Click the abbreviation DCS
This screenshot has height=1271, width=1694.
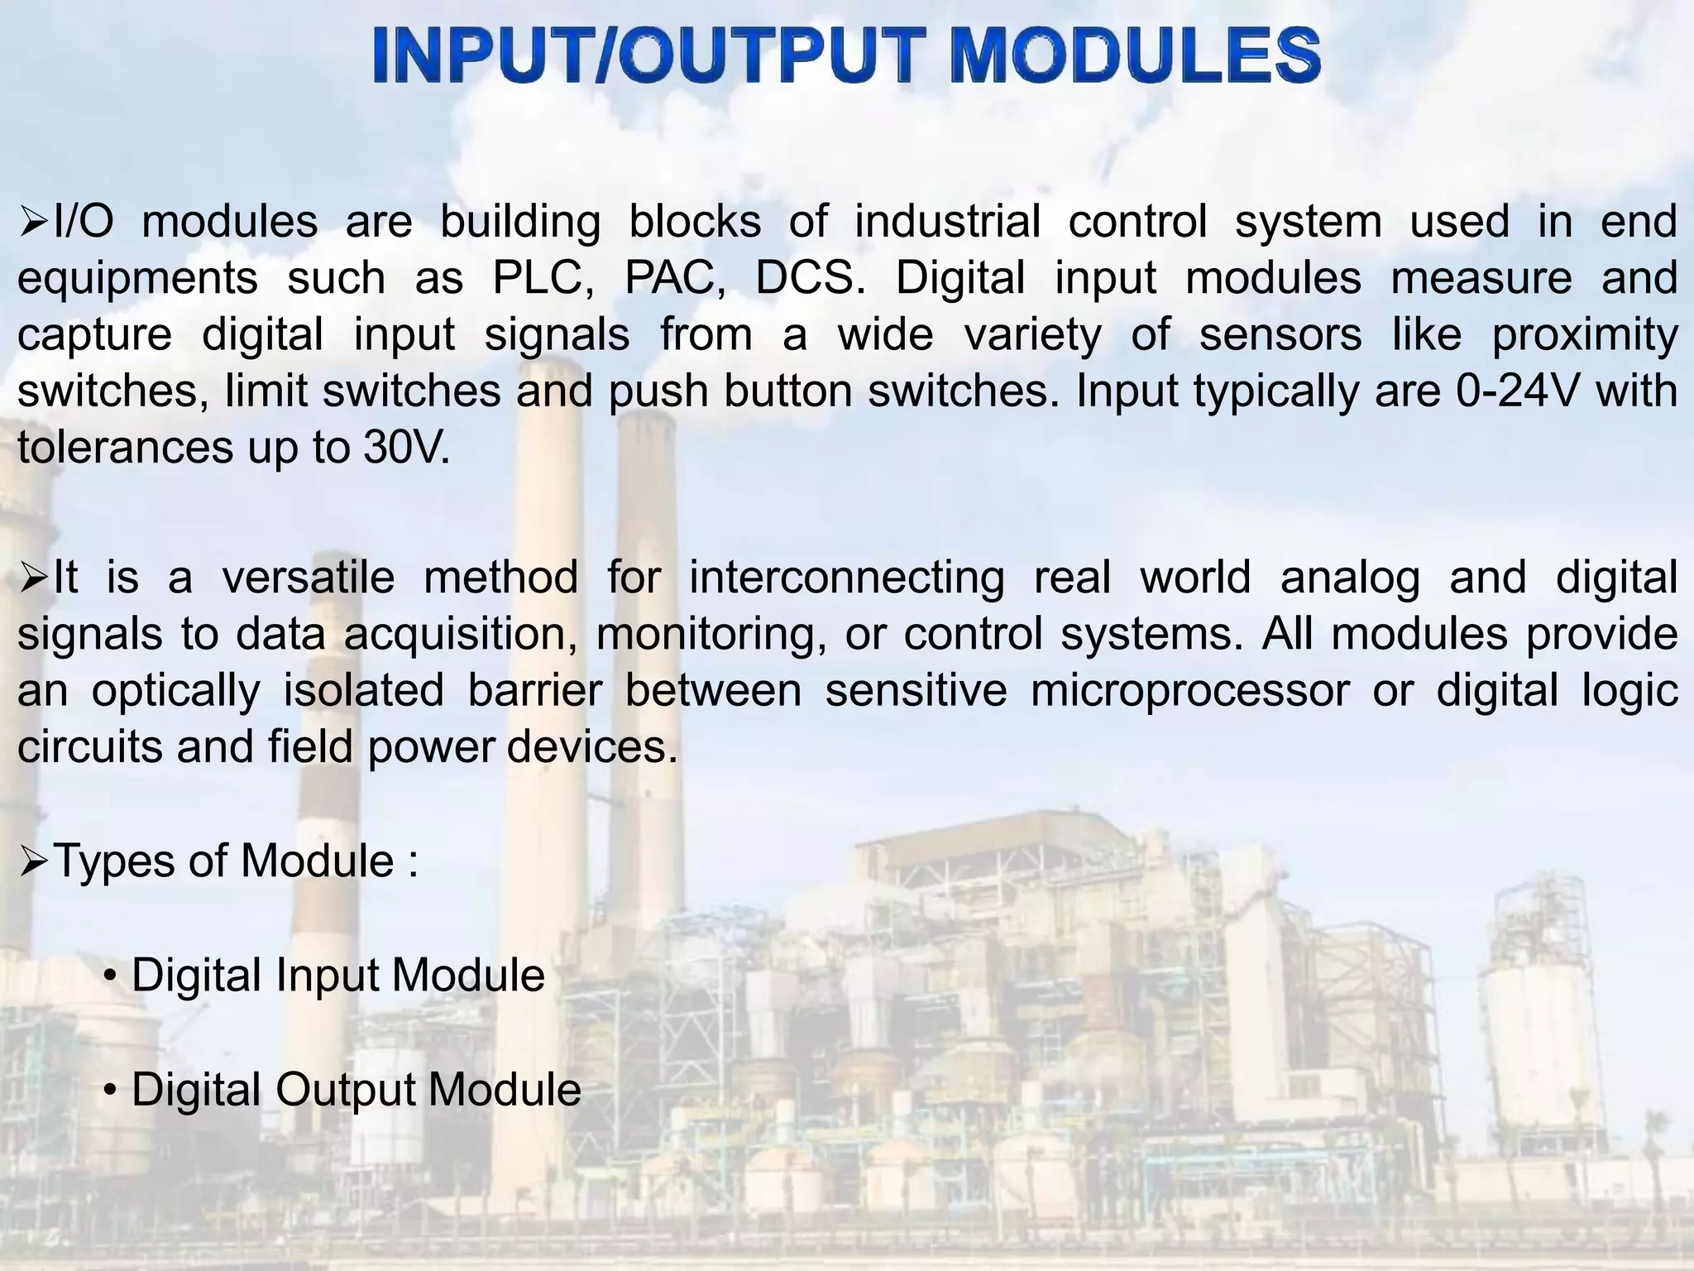pyautogui.click(x=809, y=278)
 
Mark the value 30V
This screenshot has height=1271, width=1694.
pyautogui.click(x=405, y=448)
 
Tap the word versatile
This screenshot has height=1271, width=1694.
pyautogui.click(x=308, y=577)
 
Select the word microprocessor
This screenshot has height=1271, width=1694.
pyautogui.click(x=1189, y=690)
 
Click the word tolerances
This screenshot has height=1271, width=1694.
pyautogui.click(x=125, y=448)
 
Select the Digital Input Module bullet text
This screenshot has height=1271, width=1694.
pyautogui.click(x=337, y=975)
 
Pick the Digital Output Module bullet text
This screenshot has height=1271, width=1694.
pyautogui.click(x=356, y=1089)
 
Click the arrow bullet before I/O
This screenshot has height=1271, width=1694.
pyautogui.click(x=34, y=222)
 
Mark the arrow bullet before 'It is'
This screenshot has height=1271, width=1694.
pyautogui.click(x=34, y=578)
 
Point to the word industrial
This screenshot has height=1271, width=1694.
pyautogui.click(x=947, y=221)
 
